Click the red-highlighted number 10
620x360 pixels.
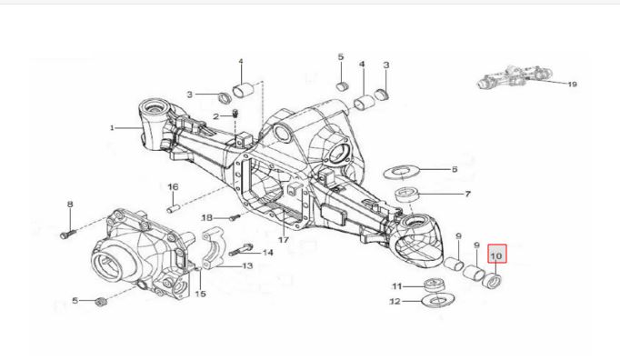point(496,256)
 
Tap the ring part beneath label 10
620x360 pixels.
point(493,281)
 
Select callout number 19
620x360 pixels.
point(572,85)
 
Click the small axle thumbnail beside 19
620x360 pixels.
point(515,76)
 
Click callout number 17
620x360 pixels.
point(284,240)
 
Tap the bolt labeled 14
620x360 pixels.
point(240,250)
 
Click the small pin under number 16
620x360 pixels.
point(173,208)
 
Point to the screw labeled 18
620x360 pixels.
point(235,217)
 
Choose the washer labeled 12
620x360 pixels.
point(438,299)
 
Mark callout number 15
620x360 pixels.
point(201,294)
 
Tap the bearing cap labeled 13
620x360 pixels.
point(214,247)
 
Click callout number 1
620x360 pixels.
point(112,128)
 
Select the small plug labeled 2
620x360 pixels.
point(235,114)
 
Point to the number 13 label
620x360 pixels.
point(247,265)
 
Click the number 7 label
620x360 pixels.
point(467,194)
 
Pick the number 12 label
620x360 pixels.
point(395,302)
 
